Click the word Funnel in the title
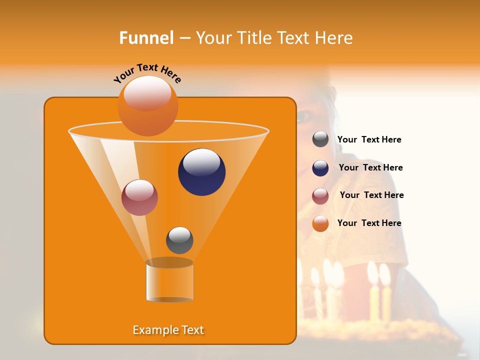(146, 38)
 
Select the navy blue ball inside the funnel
(202, 172)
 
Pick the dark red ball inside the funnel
(139, 197)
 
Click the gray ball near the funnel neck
(179, 240)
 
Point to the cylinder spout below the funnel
(169, 282)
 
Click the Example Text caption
(168, 330)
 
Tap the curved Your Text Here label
(147, 73)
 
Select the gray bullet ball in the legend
(320, 139)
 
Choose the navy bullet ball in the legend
(320, 168)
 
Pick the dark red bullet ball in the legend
(320, 196)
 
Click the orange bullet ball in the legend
(320, 223)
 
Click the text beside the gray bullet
(369, 140)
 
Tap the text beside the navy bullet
(370, 167)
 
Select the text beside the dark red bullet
(371, 195)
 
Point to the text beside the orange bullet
(369, 223)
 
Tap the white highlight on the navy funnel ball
(202, 162)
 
